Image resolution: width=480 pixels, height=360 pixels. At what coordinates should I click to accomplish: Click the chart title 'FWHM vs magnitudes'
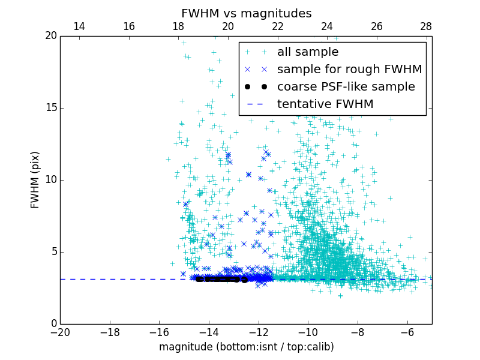point(246,13)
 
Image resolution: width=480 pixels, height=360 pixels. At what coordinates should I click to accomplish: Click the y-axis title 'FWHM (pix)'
point(35,180)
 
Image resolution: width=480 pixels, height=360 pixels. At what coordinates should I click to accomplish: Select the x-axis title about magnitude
point(246,347)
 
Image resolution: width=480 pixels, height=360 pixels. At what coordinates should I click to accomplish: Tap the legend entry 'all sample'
point(308,52)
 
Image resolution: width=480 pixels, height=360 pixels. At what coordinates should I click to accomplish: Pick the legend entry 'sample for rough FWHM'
point(349,70)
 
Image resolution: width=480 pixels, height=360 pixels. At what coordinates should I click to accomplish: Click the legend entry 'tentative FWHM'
point(325,104)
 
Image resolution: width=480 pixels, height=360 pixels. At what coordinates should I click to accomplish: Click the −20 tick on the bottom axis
point(60,332)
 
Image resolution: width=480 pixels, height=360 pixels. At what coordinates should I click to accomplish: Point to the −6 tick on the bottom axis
point(407,332)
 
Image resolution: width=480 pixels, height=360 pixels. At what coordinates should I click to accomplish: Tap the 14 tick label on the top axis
point(79,26)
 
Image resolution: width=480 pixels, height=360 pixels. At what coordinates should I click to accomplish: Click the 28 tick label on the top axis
point(426,26)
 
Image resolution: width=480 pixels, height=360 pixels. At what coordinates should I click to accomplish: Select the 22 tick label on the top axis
point(277,26)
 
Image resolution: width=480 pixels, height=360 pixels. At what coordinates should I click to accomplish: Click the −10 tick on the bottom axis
point(308,332)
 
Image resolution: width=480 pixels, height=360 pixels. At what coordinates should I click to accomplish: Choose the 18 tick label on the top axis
point(178,26)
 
